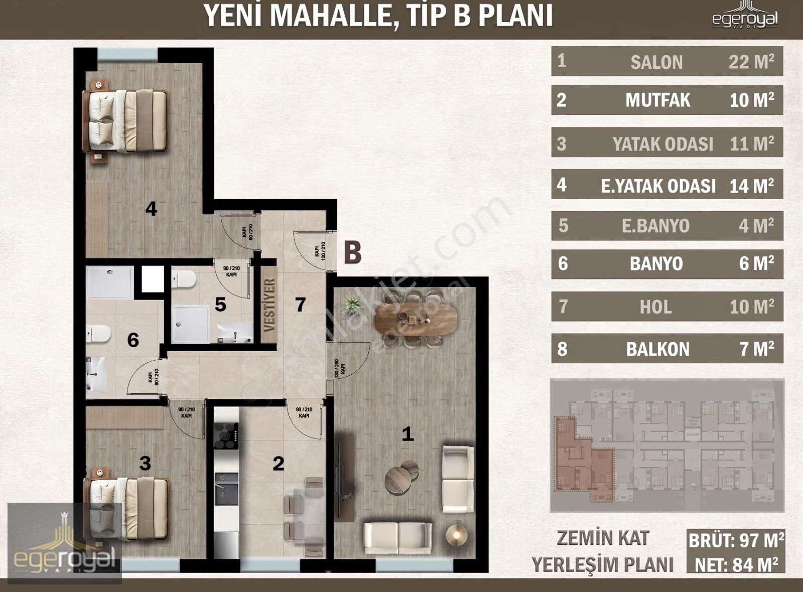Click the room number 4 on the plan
pyautogui.click(x=151, y=208)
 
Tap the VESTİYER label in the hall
pyautogui.click(x=270, y=305)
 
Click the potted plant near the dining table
pyautogui.click(x=352, y=304)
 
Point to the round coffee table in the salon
pyautogui.click(x=400, y=477)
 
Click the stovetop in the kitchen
pyautogui.click(x=226, y=435)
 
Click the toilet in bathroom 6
pyautogui.click(x=98, y=334)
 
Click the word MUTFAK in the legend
pyautogui.click(x=657, y=100)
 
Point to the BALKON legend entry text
pyautogui.click(x=657, y=349)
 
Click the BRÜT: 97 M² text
pyautogui.click(x=736, y=540)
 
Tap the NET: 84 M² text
pyautogui.click(x=736, y=565)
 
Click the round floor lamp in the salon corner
pyautogui.click(x=456, y=535)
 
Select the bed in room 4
pyautogui.click(x=125, y=120)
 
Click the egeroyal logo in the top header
pyautogui.click(x=745, y=18)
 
